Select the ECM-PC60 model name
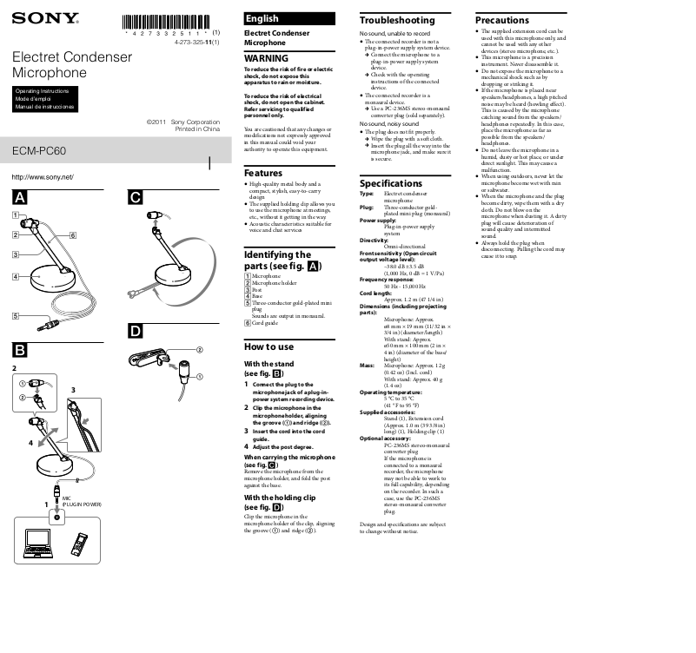[39, 150]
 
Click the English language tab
[262, 18]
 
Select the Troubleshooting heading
[397, 20]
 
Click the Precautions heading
[501, 20]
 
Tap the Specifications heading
[391, 183]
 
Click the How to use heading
[269, 347]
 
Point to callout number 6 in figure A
[72, 235]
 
